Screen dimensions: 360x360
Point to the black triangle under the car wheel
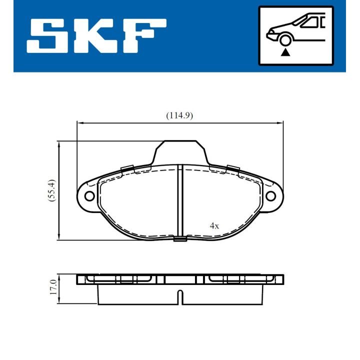285,51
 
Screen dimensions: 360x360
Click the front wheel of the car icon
285,39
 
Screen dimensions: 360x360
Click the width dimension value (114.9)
179,115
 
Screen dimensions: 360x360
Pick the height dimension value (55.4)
51,190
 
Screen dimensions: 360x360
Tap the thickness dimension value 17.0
52,288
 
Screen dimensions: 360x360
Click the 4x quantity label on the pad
214,225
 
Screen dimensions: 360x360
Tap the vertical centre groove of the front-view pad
179,200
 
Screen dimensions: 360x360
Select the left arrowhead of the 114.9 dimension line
78,121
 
